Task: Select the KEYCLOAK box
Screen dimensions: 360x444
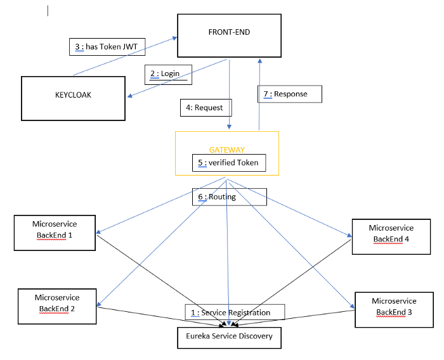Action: (73, 99)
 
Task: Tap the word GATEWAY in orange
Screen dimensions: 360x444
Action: (226, 150)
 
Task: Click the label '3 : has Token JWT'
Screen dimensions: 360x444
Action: (107, 46)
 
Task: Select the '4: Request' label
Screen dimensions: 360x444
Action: (206, 108)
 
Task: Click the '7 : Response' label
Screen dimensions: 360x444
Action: (290, 94)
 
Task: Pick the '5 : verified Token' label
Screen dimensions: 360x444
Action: (227, 162)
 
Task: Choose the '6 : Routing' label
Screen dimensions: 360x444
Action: (229, 197)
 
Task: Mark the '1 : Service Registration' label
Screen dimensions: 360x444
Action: (235, 312)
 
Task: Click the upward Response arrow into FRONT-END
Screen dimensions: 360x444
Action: (258, 95)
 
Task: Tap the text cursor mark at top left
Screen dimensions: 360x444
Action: (48, 11)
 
